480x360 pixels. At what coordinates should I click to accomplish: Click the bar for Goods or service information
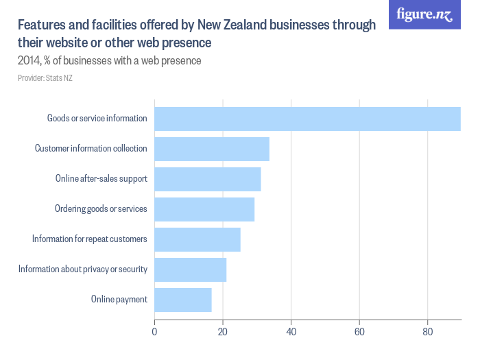pyautogui.click(x=307, y=119)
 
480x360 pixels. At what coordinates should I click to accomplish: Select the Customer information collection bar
pyautogui.click(x=212, y=149)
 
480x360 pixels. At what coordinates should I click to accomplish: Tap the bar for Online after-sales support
pyautogui.click(x=208, y=179)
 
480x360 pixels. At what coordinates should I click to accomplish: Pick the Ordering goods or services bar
pyautogui.click(x=204, y=209)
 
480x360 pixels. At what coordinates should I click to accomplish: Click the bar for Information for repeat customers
pyautogui.click(x=197, y=239)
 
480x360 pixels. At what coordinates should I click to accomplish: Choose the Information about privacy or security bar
pyautogui.click(x=191, y=269)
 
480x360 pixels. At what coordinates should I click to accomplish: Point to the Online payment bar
pyautogui.click(x=183, y=300)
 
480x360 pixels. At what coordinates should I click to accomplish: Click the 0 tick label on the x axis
pyautogui.click(x=155, y=333)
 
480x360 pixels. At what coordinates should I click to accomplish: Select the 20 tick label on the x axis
pyautogui.click(x=223, y=333)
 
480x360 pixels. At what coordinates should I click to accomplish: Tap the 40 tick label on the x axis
pyautogui.click(x=291, y=333)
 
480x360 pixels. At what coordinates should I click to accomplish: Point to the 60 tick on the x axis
pyautogui.click(x=359, y=333)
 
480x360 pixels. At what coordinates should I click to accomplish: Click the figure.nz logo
pyautogui.click(x=424, y=14)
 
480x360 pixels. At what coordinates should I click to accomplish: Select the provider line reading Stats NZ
pyautogui.click(x=45, y=78)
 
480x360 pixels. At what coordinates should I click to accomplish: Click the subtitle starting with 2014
pyautogui.click(x=109, y=61)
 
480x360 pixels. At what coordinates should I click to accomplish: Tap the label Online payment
pyautogui.click(x=119, y=300)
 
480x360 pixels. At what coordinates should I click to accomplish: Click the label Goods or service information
pyautogui.click(x=97, y=119)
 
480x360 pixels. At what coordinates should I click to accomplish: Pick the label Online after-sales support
pyautogui.click(x=101, y=179)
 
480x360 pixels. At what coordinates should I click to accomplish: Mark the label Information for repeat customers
pyautogui.click(x=90, y=239)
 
